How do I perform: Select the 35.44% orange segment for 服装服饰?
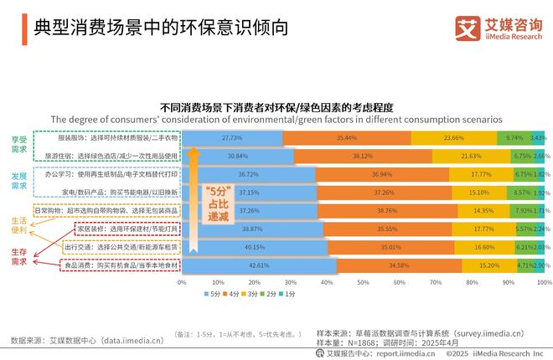pos(347,137)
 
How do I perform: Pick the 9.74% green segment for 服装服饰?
pos(514,137)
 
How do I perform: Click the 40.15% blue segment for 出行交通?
pos(254,248)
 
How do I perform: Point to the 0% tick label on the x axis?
pos(183,283)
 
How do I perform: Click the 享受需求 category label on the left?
pos(19,145)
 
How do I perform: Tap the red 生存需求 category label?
pos(19,256)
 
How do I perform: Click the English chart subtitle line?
pos(276,119)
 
